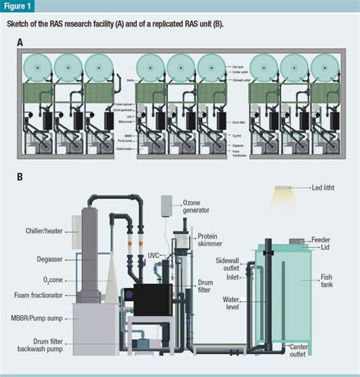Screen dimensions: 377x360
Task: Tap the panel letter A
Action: coord(19,42)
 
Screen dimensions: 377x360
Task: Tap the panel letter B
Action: coord(19,179)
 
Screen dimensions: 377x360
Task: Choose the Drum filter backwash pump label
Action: coord(47,346)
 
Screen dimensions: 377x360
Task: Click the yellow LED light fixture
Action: coord(285,189)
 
